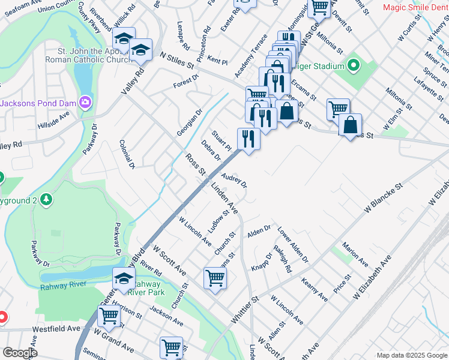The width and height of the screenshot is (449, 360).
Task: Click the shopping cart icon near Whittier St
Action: coord(215,277)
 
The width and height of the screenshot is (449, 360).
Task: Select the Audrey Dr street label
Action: coord(234,179)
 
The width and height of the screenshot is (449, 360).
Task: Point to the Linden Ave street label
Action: coord(224,199)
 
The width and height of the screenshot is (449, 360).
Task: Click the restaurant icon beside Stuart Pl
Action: coord(249,139)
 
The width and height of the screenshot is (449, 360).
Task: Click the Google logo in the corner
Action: coord(20,353)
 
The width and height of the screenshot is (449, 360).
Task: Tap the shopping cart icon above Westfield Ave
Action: coord(109,315)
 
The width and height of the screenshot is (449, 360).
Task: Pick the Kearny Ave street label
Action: coord(315,289)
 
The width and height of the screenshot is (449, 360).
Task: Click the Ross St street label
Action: coord(195,164)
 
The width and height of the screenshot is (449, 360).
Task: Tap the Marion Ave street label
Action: coord(355,254)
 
